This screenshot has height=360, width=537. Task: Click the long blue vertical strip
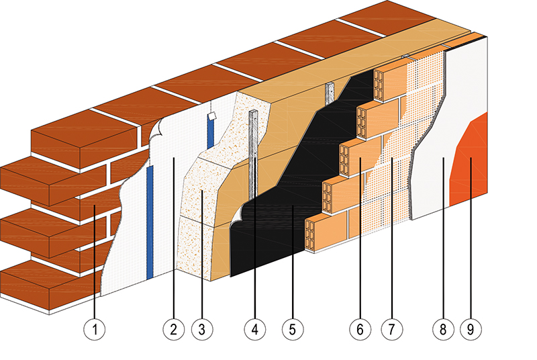(150, 222)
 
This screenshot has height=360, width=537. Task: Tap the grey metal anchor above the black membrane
(330, 92)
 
